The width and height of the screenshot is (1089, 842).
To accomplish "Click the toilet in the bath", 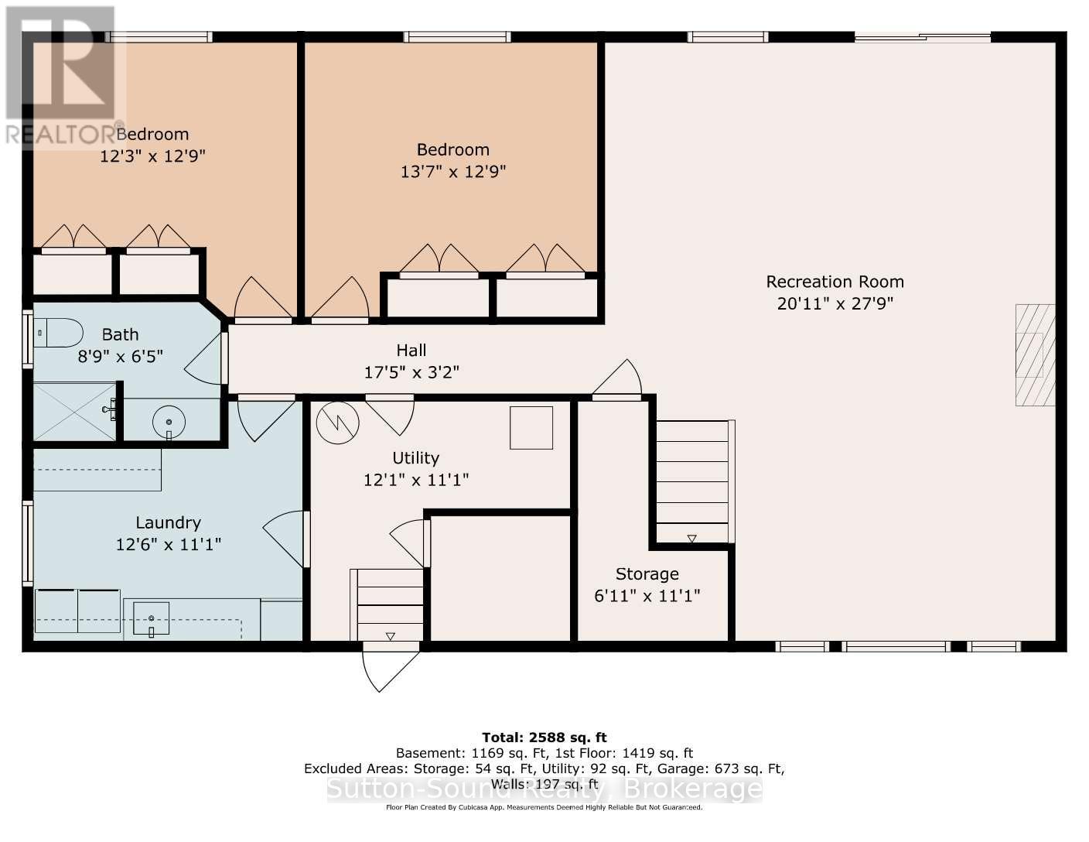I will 61,334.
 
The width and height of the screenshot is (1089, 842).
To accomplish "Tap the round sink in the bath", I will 169,422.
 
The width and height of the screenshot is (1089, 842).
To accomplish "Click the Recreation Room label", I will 835,282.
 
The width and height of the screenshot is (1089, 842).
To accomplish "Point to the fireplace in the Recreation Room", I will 1034,355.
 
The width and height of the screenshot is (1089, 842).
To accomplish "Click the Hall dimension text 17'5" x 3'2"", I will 411,372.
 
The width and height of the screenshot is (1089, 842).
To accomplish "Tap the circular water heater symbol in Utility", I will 338,422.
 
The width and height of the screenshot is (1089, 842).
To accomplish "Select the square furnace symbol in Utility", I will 531,428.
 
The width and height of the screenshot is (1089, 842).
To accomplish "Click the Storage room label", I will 647,574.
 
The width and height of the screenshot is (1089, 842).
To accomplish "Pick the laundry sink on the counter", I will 152,618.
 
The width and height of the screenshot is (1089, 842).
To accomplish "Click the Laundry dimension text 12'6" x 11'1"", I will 169,545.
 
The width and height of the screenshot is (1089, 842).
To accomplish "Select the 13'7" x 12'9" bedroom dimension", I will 452,172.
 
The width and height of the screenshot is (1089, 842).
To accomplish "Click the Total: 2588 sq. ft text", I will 544,738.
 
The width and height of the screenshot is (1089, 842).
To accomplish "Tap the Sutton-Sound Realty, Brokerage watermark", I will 544,789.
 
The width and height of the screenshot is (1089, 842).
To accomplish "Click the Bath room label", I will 121,334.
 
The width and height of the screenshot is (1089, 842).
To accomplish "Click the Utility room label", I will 415,458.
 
